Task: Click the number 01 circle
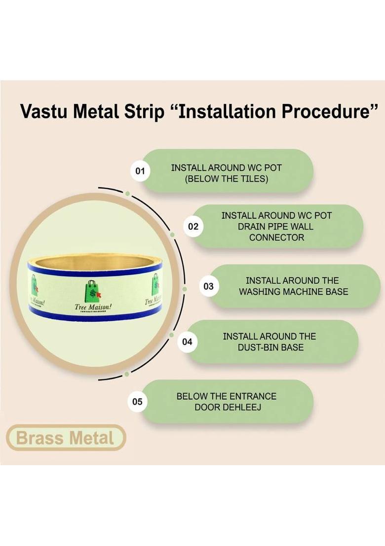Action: (140, 171)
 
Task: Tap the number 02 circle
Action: (193, 227)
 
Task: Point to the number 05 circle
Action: (137, 402)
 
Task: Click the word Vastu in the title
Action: (44, 112)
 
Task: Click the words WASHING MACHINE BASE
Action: (293, 292)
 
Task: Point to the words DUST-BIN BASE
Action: (269, 347)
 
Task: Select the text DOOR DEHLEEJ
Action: (227, 407)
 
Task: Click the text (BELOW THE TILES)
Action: (227, 179)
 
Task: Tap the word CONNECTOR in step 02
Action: (276, 238)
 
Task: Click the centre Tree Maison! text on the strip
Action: (93, 307)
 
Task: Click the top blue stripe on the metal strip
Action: (94, 269)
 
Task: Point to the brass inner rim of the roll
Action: (94, 260)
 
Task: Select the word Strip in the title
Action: (143, 112)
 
